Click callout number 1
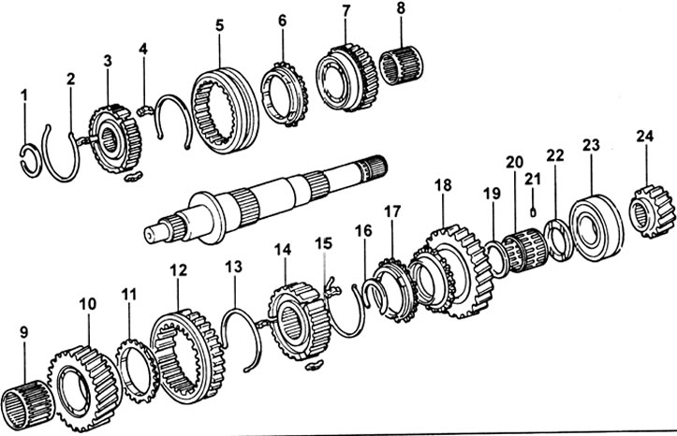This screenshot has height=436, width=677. point(24,94)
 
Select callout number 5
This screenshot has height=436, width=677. point(219,26)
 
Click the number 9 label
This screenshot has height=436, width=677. point(23,331)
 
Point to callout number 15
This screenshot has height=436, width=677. point(324,242)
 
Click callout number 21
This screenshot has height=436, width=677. point(533,179)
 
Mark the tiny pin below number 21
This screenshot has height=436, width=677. point(533,209)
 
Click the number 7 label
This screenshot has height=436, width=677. point(346,11)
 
